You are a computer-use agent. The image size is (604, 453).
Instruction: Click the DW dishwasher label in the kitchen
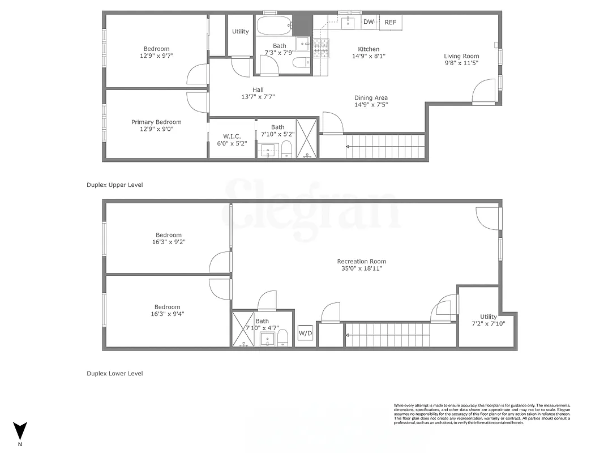point(369,22)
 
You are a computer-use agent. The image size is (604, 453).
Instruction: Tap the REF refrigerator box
point(391,23)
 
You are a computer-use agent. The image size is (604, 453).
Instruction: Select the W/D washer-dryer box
point(305,333)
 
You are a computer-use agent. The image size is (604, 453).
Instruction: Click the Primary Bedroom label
point(156,122)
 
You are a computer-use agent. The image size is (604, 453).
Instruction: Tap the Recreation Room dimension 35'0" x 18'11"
point(361,268)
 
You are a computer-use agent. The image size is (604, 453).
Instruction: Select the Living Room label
point(461,56)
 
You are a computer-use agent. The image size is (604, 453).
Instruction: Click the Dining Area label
point(371,97)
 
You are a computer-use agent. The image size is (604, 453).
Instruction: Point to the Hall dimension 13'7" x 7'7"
point(258,97)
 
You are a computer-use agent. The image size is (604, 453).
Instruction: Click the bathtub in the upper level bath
point(275,25)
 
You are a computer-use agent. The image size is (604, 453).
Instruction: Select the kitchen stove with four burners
point(321,49)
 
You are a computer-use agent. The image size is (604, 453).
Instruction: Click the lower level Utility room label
point(488,317)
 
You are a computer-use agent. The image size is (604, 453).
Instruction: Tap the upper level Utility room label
point(240,32)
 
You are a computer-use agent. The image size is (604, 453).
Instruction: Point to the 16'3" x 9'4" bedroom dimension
point(168,314)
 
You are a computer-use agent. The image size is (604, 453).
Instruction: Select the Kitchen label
point(369,49)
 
